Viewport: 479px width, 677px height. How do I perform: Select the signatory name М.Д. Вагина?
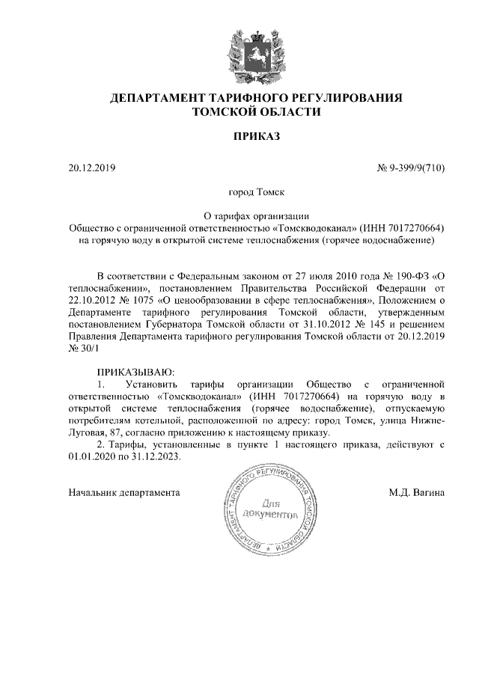tap(416, 493)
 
